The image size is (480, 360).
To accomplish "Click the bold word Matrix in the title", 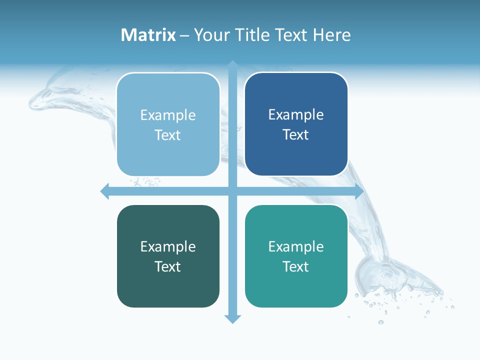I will pyautogui.click(x=148, y=35).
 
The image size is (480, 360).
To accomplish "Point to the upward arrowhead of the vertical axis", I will pyautogui.click(x=232, y=64).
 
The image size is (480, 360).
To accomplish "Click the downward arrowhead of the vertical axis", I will pyautogui.click(x=232, y=319).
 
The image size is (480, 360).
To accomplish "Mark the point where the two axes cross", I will pyautogui.click(x=232, y=191).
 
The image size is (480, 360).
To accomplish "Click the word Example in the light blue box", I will pyautogui.click(x=168, y=115).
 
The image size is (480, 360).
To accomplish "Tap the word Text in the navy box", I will pyautogui.click(x=296, y=135).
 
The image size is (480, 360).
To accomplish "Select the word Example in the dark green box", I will pyautogui.click(x=168, y=247).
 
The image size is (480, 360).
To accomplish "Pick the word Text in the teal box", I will pyautogui.click(x=296, y=267).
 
